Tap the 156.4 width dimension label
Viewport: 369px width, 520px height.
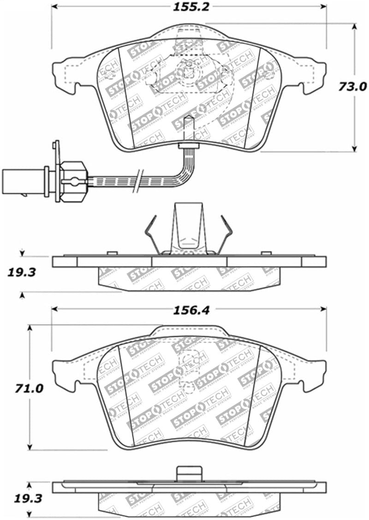coord(191,310)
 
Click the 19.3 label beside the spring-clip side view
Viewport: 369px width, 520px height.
coord(22,273)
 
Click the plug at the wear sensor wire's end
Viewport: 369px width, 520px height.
coord(23,177)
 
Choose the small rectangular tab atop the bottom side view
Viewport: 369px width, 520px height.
coord(189,473)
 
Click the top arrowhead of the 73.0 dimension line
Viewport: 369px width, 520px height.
coord(354,27)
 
